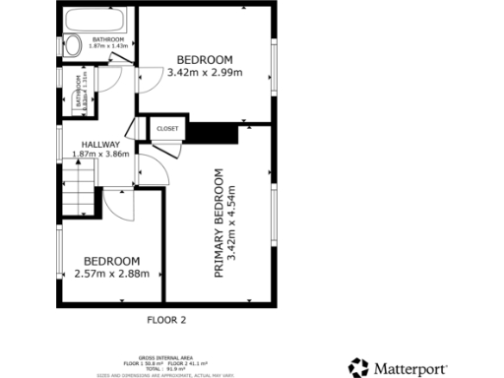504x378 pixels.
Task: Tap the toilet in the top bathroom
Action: point(73,44)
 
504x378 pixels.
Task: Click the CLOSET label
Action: point(165,129)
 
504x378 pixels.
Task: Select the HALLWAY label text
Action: point(100,145)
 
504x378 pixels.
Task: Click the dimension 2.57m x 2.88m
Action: point(111,273)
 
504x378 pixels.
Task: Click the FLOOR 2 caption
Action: point(165,319)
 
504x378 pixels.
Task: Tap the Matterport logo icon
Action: point(358,368)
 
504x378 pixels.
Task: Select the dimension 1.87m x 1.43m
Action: point(108,46)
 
